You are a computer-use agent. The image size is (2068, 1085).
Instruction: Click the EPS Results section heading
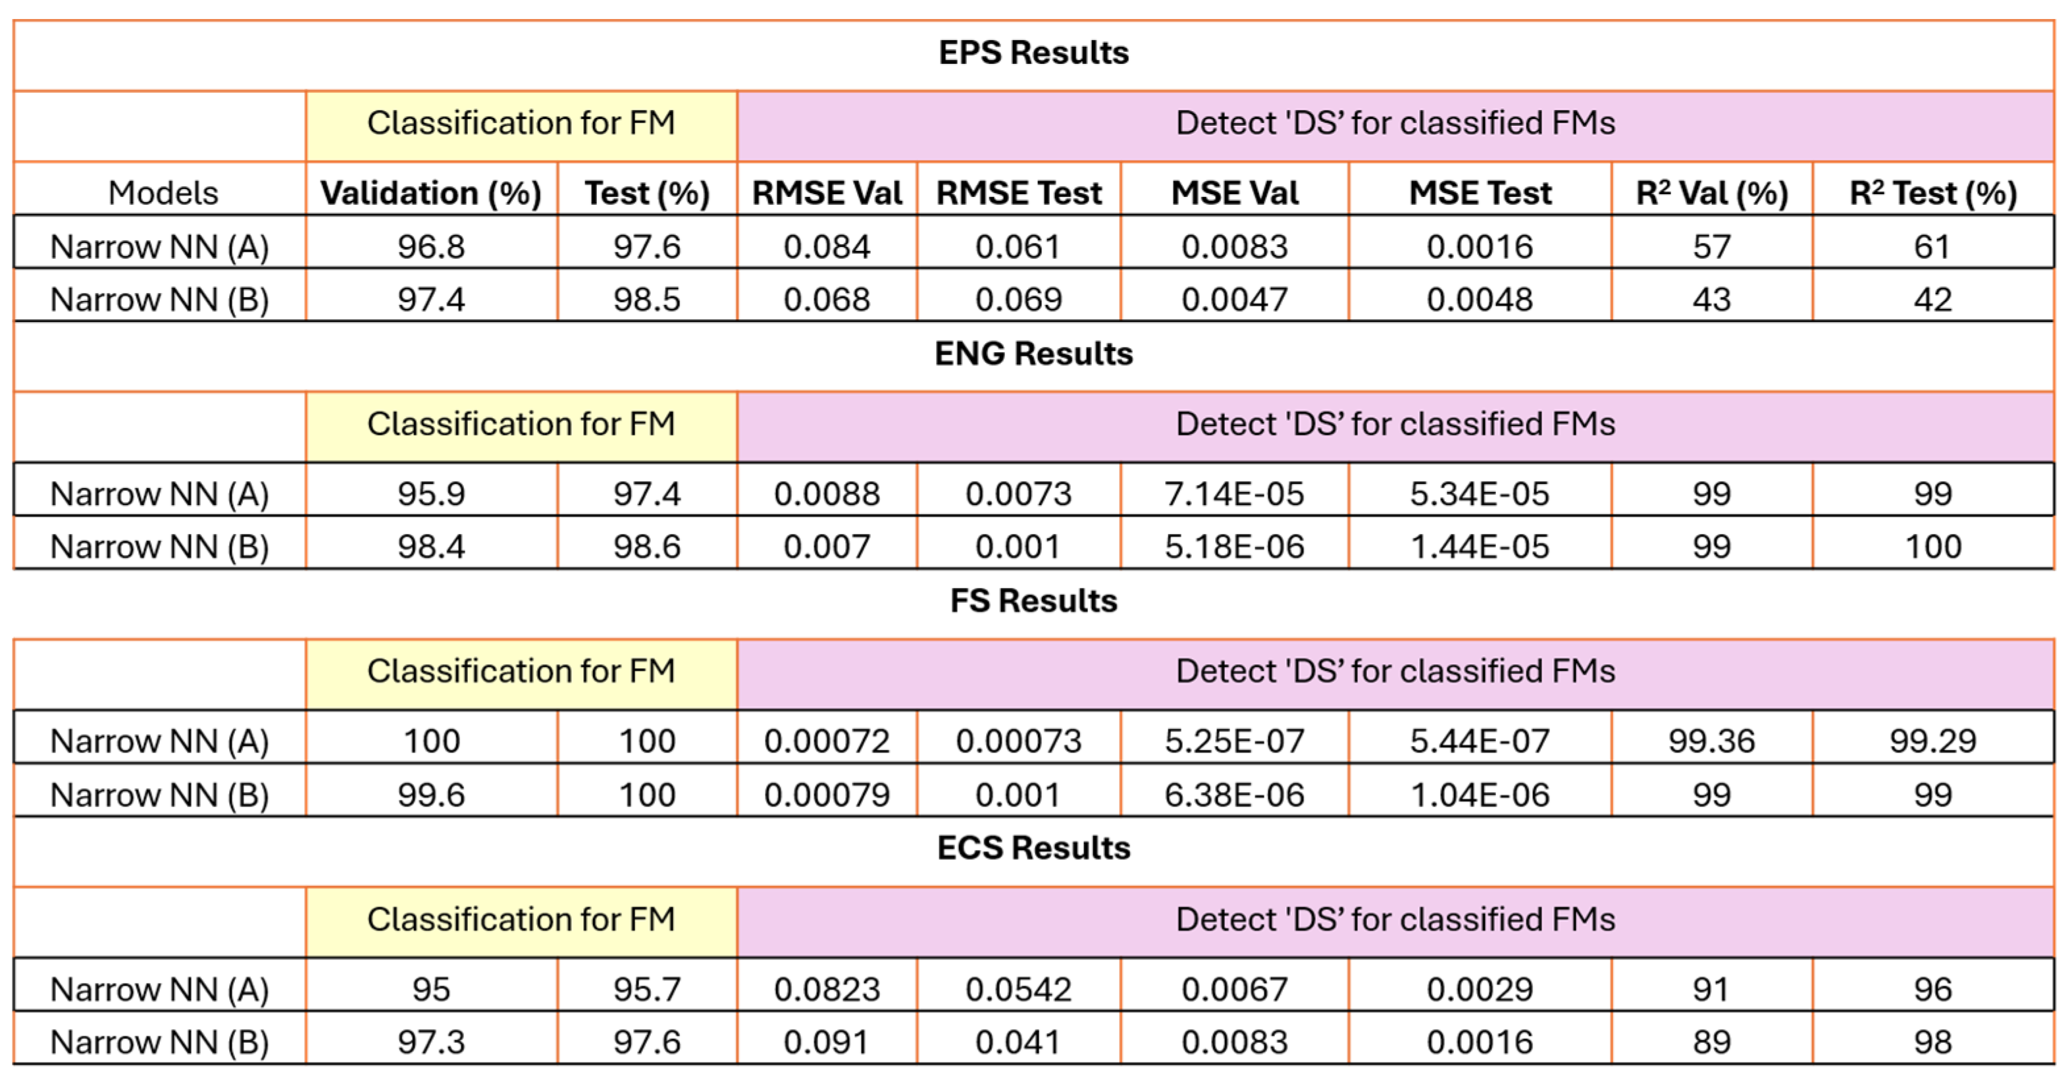point(1033,53)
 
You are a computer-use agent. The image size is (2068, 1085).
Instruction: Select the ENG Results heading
point(1033,354)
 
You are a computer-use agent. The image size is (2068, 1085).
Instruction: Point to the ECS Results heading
point(1033,849)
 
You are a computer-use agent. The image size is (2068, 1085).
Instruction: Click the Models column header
point(163,194)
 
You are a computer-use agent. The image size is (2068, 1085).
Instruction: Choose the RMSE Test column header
point(1019,194)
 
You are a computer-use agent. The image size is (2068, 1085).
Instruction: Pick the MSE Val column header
point(1235,194)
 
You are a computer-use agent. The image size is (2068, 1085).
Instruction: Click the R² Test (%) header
point(1933,194)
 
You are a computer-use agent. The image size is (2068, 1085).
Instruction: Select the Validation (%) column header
point(431,194)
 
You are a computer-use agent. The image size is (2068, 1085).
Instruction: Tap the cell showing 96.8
point(431,246)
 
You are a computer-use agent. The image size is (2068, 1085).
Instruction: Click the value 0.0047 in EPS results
point(1235,300)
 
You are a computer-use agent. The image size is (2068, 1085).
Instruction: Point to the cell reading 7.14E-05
point(1235,494)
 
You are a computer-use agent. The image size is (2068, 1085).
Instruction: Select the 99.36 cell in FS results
point(1711,741)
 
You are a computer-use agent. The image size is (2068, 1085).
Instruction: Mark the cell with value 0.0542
point(1019,990)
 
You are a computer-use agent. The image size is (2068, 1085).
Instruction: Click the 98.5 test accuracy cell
point(647,300)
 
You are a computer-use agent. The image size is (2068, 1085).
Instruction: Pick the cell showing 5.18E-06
point(1235,547)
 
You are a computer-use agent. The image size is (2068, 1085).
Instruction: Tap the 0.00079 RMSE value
point(827,795)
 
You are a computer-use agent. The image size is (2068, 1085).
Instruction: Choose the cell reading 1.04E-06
point(1480,795)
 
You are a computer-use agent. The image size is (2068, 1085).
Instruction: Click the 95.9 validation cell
point(431,494)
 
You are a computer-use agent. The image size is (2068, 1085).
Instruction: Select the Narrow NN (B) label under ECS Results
point(159,1042)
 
